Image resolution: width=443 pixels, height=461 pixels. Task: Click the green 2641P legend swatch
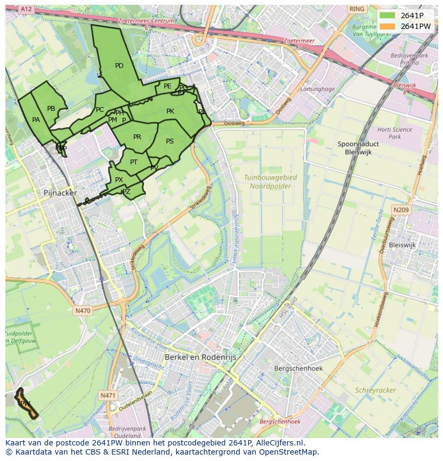click(x=388, y=16)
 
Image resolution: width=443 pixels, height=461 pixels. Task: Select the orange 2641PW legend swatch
click(x=388, y=26)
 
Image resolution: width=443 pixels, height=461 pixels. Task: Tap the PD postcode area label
click(x=119, y=66)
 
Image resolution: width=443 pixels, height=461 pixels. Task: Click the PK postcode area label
click(x=170, y=111)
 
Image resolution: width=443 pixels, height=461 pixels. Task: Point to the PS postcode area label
click(x=170, y=141)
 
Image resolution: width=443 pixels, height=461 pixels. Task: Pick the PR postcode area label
click(x=137, y=137)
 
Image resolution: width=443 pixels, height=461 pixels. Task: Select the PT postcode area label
click(x=134, y=162)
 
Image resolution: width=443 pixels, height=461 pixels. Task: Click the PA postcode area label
click(x=36, y=120)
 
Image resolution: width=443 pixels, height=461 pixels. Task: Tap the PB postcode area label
click(x=51, y=109)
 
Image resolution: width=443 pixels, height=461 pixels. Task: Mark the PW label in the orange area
click(x=25, y=403)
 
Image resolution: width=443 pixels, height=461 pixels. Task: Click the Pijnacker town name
click(x=60, y=193)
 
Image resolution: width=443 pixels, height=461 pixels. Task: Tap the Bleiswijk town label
click(x=402, y=245)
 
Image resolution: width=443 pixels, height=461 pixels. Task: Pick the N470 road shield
click(x=82, y=311)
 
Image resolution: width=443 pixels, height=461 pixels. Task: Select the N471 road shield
click(x=108, y=395)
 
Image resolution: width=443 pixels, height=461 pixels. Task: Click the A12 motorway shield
click(x=26, y=10)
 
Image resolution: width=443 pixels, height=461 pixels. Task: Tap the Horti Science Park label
click(x=394, y=133)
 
